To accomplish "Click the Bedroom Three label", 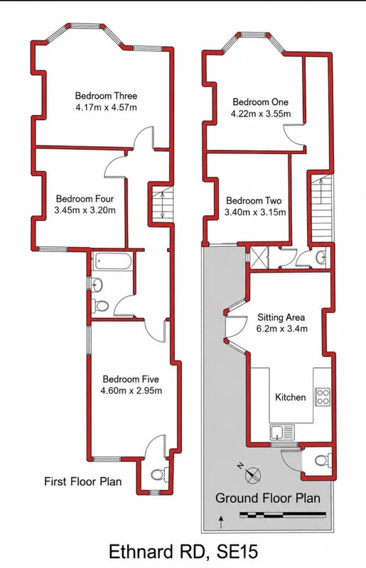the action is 106,96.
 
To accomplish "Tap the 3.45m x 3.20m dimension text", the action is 85,210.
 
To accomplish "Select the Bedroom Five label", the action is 131,379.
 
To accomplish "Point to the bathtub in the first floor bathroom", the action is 112,261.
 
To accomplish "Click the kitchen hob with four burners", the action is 323,397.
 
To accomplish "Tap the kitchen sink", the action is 282,432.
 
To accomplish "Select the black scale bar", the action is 283,514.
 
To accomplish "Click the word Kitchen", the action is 290,397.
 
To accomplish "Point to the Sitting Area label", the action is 281,317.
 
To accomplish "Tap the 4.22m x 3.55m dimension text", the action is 261,114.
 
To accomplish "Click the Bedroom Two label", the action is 254,200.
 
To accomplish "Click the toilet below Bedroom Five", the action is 160,474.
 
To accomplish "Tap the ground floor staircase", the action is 321,209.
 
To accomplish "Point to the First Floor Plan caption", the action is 82,481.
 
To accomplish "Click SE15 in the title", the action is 237,552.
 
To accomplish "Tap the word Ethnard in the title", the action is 140,552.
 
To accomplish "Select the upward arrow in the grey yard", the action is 220,523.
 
